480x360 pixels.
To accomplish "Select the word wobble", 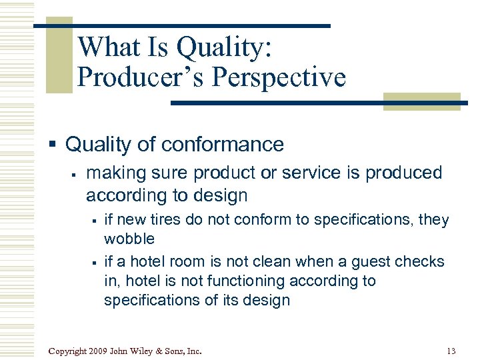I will click(129, 239).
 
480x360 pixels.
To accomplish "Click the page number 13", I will click(451, 351).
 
